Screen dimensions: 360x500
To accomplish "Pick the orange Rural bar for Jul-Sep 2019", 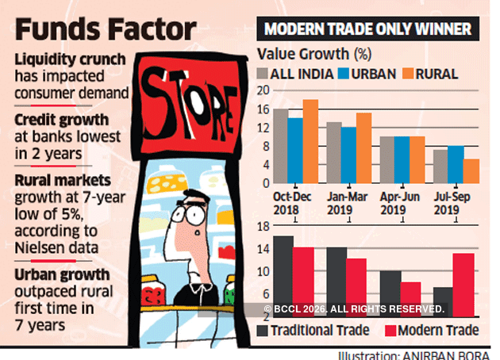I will click(x=471, y=170).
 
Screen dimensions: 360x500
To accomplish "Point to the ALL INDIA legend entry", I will click(x=295, y=74).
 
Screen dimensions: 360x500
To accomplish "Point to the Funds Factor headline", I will click(x=105, y=31).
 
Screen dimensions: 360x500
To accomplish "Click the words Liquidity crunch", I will click(x=68, y=60).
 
